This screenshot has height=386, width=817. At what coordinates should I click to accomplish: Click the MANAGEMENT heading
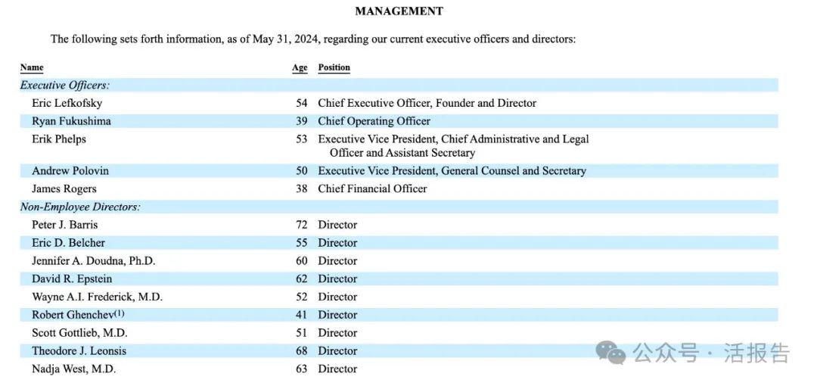point(399,11)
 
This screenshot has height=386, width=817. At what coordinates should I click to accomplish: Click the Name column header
point(32,67)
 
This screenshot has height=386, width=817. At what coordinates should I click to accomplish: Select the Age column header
point(300,67)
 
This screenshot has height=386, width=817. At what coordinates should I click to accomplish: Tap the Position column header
point(334,67)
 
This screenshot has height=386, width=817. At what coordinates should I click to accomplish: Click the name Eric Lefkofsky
point(67,103)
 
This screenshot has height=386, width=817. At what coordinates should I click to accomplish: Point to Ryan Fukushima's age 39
point(301,121)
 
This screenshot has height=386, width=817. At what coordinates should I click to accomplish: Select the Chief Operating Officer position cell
point(374,121)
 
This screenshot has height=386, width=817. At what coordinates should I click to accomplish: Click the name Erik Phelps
point(59,139)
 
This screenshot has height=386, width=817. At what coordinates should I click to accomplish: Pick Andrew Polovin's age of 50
point(301,171)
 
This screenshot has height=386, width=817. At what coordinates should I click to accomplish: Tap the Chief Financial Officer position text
point(372,188)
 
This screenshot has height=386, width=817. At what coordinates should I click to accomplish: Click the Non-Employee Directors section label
point(80,207)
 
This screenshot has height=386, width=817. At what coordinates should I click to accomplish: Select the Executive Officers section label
point(65,86)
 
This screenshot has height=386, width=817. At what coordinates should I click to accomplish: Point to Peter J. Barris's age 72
point(301,225)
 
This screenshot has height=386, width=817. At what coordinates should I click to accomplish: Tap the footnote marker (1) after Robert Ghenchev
point(119,313)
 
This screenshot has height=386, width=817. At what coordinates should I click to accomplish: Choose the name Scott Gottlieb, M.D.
point(79,333)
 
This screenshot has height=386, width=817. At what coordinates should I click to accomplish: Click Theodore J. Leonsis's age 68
point(301,351)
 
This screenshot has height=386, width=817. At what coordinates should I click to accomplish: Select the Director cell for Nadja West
point(337,369)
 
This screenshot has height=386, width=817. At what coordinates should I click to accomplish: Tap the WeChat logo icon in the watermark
point(610,352)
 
